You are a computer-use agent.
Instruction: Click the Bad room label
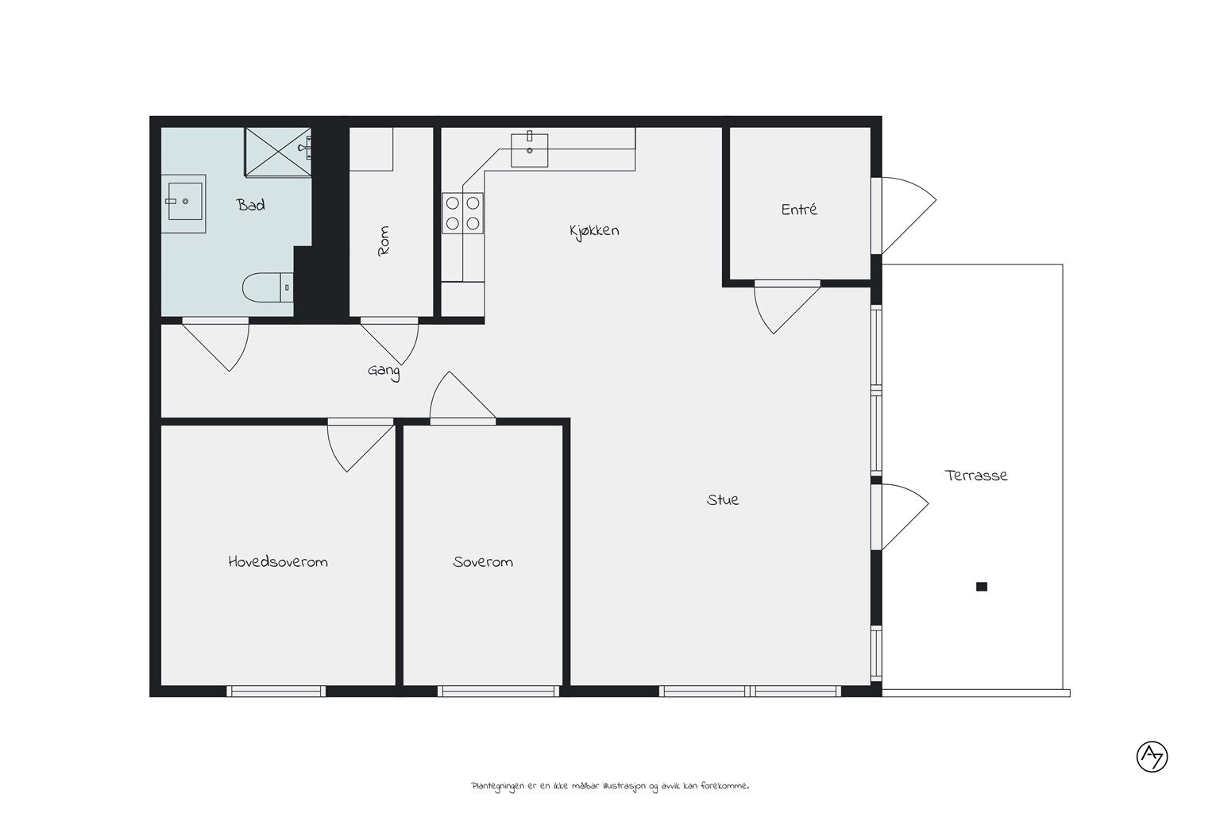click(x=250, y=206)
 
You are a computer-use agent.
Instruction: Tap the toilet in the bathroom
click(x=268, y=287)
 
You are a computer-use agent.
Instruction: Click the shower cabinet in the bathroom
click(x=278, y=152)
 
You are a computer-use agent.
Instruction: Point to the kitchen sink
click(x=529, y=149)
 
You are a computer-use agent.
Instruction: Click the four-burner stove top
click(x=462, y=213)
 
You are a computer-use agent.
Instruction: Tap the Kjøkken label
click(x=594, y=231)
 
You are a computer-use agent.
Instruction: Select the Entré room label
click(x=799, y=210)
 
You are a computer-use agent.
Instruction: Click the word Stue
click(x=723, y=500)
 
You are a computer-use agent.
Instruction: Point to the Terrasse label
click(x=976, y=476)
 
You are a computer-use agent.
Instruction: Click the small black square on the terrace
click(x=982, y=587)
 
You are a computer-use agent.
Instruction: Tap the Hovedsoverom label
click(x=278, y=561)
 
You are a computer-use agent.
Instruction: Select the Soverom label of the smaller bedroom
click(x=483, y=562)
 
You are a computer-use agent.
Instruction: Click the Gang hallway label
click(x=384, y=372)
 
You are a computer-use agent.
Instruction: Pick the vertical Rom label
click(x=384, y=241)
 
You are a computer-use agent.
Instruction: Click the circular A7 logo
click(x=1152, y=757)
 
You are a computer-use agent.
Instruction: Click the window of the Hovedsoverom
click(x=276, y=691)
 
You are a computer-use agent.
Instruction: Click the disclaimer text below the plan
click(x=610, y=786)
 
